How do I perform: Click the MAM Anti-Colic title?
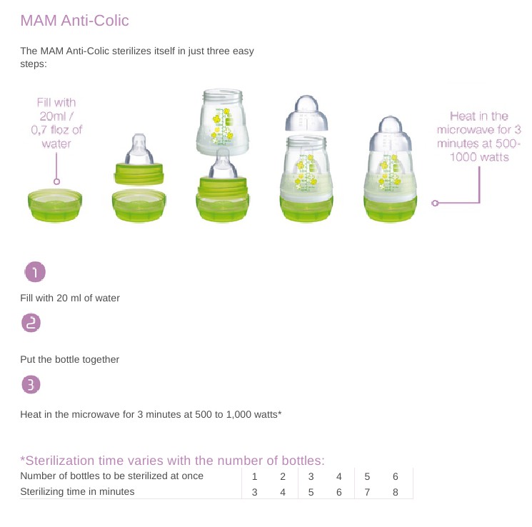75,21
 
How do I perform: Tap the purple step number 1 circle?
35,272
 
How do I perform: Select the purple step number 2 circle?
31,322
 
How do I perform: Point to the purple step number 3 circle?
31,384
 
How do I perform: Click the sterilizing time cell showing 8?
396,492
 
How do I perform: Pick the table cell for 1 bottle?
254,476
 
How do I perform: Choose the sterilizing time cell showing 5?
311,492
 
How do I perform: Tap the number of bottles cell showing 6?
396,476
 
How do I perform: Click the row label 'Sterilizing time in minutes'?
77,491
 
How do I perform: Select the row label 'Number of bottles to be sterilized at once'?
112,476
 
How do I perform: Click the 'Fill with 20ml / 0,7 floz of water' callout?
56,123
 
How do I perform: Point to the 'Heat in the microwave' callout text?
478,136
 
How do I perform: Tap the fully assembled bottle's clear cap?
391,134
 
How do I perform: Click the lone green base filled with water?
55,205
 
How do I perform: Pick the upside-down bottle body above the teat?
223,121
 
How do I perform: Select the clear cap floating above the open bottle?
307,114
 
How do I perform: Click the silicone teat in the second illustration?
139,149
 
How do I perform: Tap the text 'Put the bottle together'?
69,359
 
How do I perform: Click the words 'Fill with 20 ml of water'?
70,298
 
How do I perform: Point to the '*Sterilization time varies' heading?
172,461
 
